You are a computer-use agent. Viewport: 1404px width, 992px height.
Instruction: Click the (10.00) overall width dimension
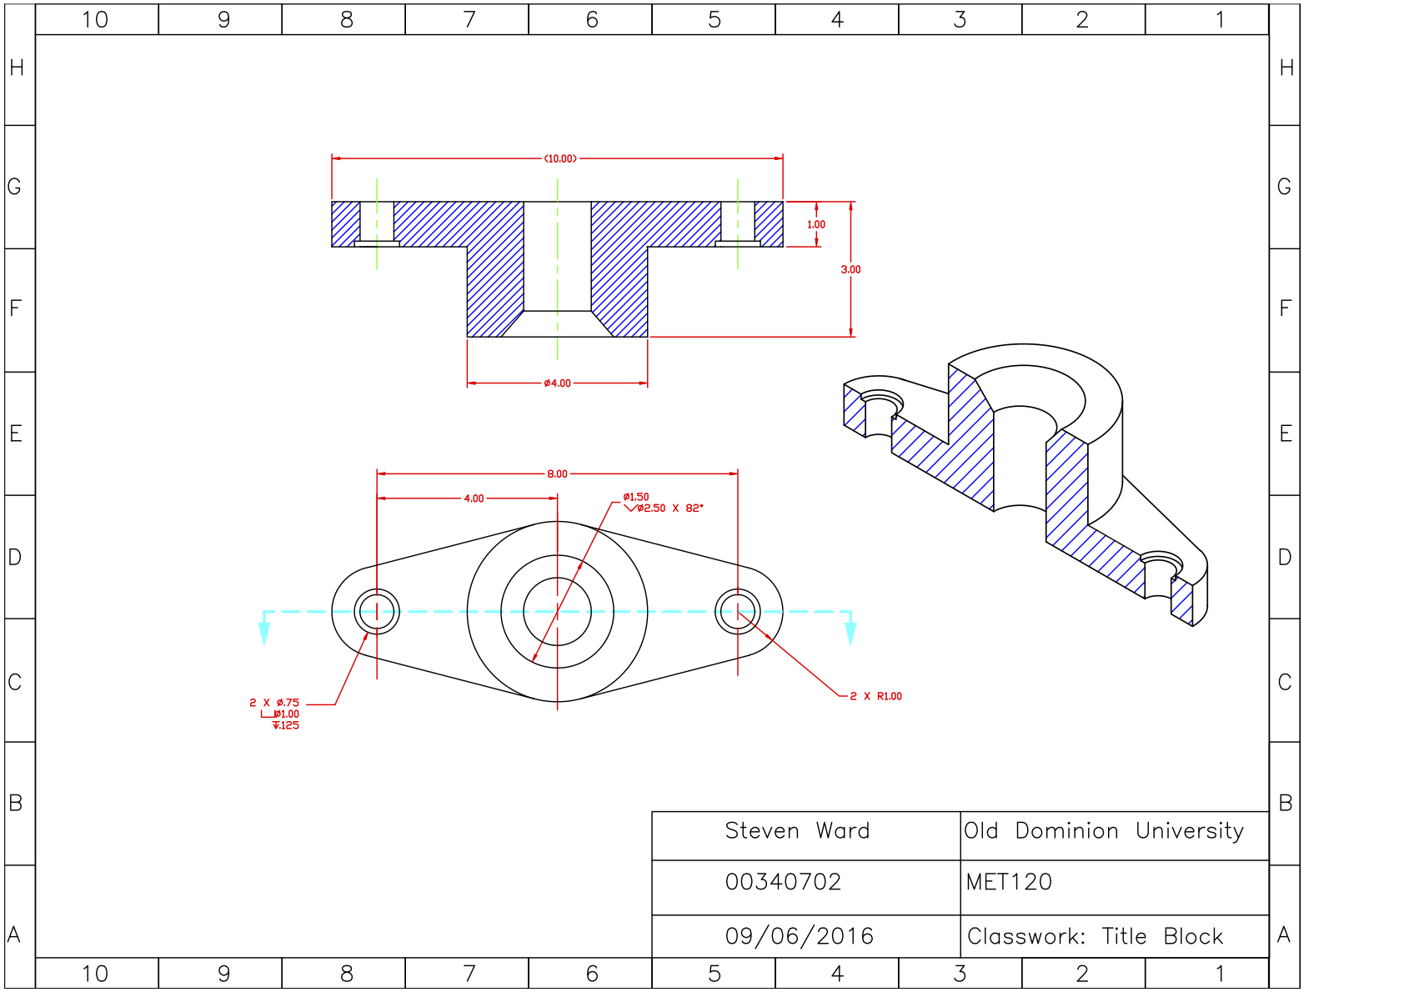pos(560,158)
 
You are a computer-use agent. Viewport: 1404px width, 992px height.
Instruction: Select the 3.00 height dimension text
pos(850,269)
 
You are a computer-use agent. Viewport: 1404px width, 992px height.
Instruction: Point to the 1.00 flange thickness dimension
pos(815,224)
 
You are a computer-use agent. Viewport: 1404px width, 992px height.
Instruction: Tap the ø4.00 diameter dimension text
pos(557,383)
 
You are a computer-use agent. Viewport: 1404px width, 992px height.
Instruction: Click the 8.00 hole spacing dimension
pos(557,473)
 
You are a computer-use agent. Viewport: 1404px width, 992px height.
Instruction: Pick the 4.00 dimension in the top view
pos(474,499)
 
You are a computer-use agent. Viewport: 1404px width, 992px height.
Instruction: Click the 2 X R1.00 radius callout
pos(875,696)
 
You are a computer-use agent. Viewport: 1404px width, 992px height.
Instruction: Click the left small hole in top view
pos(377,611)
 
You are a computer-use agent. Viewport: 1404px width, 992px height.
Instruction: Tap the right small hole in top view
pos(738,611)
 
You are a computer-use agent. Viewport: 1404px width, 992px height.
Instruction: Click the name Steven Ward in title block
pos(797,831)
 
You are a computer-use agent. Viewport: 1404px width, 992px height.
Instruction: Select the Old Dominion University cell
pos(1104,831)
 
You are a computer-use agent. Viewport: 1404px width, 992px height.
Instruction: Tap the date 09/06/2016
pos(799,936)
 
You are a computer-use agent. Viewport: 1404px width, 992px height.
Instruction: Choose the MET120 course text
pos(1009,882)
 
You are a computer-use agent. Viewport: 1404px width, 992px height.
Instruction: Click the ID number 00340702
pos(783,882)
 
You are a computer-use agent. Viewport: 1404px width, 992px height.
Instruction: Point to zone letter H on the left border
pos(17,68)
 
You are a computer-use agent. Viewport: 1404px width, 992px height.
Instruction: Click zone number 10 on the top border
pos(95,19)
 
